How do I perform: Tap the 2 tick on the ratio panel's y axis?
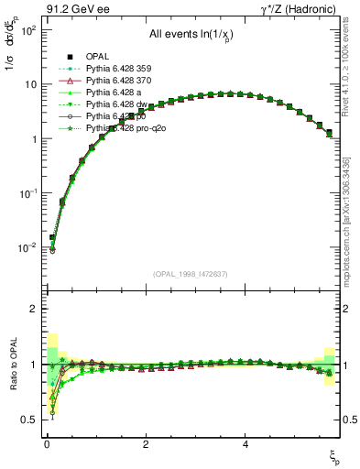click(x=30, y=309)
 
